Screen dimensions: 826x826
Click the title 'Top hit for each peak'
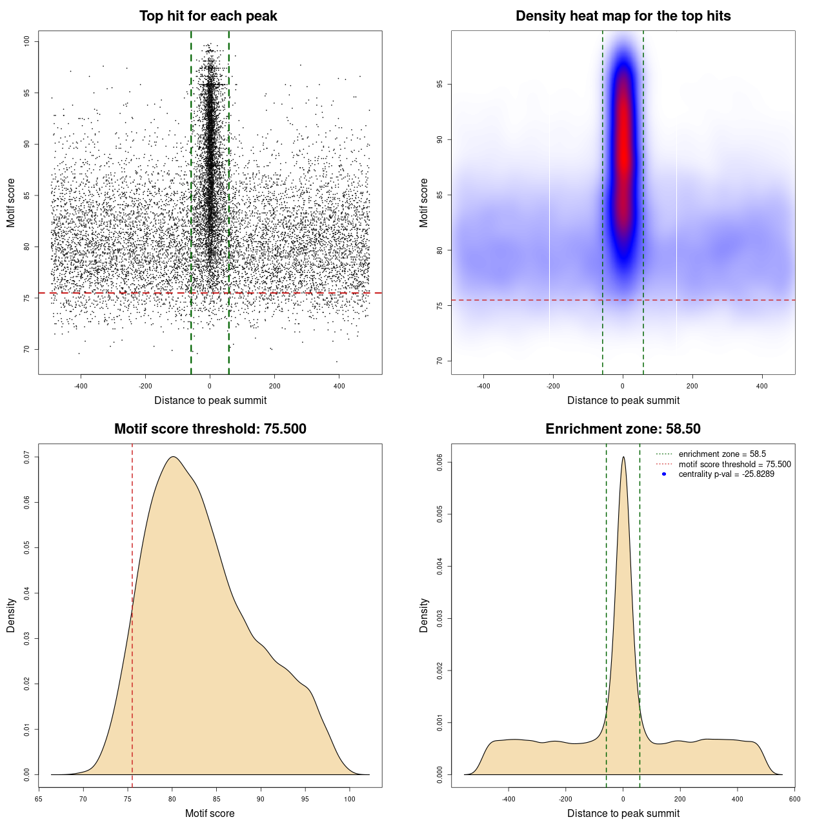coord(208,16)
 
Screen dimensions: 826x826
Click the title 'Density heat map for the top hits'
coord(623,16)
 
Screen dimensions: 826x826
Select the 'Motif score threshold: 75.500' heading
coord(210,429)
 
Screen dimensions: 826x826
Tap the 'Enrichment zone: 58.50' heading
coord(623,429)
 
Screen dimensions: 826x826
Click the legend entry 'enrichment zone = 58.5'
coord(722,454)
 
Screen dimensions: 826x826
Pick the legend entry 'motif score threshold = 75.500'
coord(734,465)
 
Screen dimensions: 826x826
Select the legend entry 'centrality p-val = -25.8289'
coord(726,474)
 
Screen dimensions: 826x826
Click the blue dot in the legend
coord(664,474)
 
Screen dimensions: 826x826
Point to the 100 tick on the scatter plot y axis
coord(27,41)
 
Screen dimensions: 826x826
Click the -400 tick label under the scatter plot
coord(81,387)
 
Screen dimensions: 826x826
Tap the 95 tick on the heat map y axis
coord(440,85)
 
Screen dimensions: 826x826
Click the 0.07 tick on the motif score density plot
coord(27,457)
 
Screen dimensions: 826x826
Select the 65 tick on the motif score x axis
coord(39,799)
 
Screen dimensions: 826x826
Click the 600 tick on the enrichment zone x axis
coord(794,799)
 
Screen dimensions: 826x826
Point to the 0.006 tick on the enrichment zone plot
coord(440,463)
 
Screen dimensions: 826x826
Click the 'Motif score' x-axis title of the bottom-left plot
coord(210,813)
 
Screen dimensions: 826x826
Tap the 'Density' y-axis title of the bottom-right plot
coord(424,615)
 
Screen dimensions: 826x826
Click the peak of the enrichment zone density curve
coord(623,458)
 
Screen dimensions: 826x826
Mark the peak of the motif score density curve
coord(173,457)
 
